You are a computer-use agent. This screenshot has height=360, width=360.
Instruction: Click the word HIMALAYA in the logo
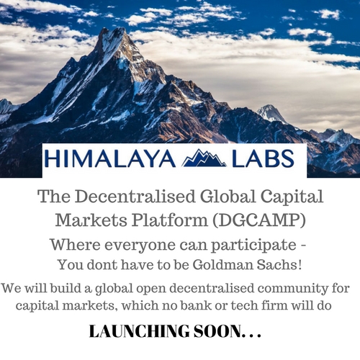click(x=110, y=158)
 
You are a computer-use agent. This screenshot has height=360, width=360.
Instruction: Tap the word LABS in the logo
click(x=263, y=158)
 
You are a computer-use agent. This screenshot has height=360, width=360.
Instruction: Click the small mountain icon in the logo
click(x=204, y=158)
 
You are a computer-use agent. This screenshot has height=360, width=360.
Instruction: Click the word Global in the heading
click(x=228, y=197)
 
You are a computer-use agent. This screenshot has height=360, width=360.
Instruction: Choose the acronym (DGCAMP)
click(x=259, y=220)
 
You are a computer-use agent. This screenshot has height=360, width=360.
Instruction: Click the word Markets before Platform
click(x=91, y=220)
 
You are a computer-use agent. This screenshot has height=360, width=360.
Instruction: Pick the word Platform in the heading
click(x=169, y=220)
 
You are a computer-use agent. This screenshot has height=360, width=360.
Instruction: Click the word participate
click(x=253, y=246)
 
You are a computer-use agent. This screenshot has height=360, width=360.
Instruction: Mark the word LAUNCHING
click(x=139, y=331)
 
